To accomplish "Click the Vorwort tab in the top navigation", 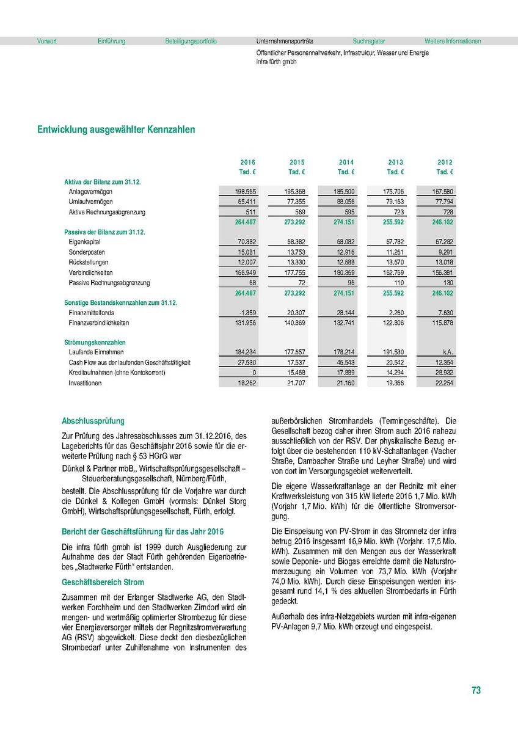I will [x=47, y=42].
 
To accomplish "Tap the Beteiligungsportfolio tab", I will [x=191, y=42].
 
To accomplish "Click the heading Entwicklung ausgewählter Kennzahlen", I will [x=116, y=130].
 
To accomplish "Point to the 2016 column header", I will [x=247, y=162].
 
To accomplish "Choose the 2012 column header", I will [x=445, y=162].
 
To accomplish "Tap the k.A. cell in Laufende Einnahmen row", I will [x=445, y=352].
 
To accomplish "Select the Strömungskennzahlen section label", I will [x=95, y=343].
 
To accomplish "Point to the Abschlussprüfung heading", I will [x=93, y=421].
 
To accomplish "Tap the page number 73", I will [x=476, y=690].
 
